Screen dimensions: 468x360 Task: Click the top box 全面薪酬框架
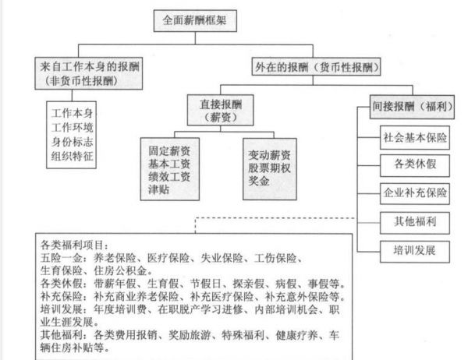[195, 20]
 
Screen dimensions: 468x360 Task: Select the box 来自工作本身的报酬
[89, 73]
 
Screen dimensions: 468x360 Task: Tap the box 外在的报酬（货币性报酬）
[317, 67]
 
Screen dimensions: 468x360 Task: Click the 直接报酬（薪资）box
[220, 110]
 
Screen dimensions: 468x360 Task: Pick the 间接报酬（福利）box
[412, 107]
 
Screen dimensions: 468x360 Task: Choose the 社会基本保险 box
[415, 137]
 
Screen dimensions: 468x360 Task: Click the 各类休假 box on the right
[415, 165]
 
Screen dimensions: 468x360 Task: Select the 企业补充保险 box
[415, 193]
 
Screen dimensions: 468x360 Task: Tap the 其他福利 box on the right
[415, 223]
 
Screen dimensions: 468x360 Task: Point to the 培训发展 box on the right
[415, 252]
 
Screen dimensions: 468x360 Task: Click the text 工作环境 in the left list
[73, 128]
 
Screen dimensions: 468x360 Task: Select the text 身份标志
[73, 142]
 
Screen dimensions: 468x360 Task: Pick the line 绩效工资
[169, 177]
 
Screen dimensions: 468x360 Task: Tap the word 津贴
[159, 189]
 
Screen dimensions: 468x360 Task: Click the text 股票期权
[270, 168]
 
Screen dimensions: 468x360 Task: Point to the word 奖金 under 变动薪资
[259, 181]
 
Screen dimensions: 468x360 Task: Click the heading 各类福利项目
[72, 245]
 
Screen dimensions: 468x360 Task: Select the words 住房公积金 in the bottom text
[120, 271]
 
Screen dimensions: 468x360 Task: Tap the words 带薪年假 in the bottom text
[115, 284]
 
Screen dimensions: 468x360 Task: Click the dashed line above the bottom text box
[275, 218]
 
